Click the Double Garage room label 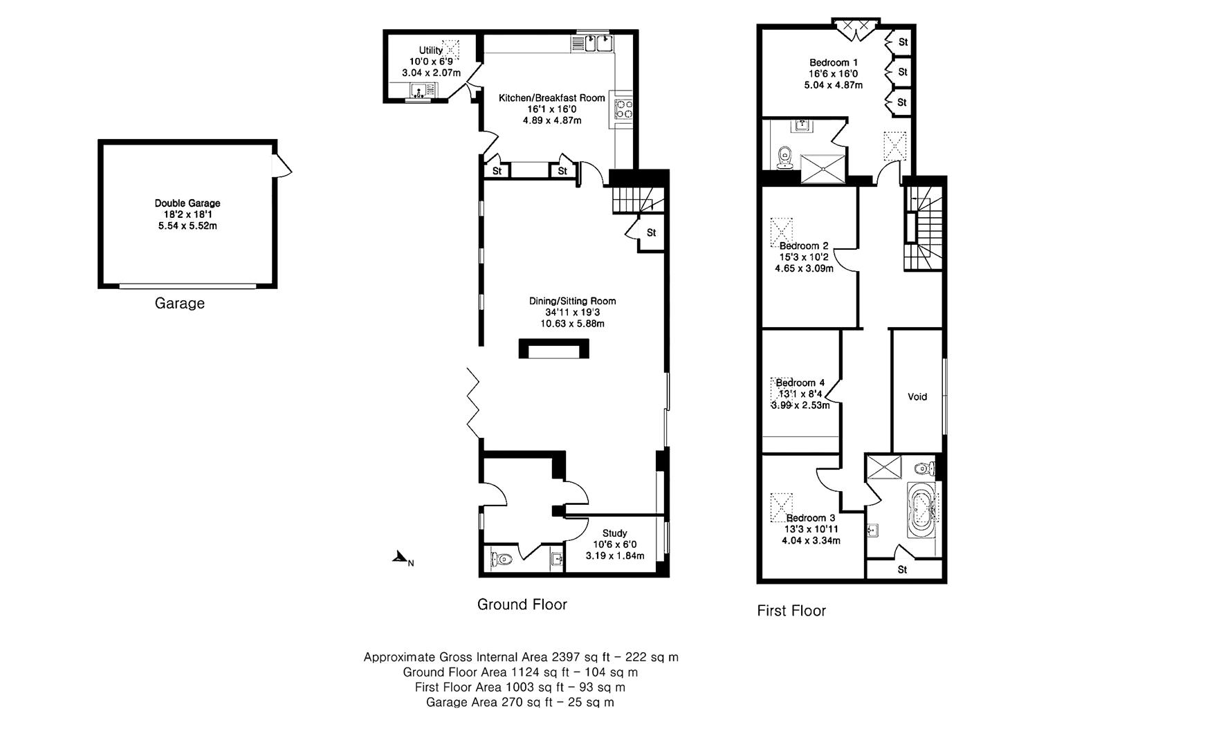click(187, 203)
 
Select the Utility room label click(430, 50)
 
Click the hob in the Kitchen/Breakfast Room click(623, 108)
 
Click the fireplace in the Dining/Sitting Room click(554, 349)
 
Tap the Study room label click(614, 533)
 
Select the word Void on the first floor click(917, 397)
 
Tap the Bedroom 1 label click(834, 63)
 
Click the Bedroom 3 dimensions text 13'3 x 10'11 click(811, 529)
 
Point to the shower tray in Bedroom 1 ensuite click(823, 169)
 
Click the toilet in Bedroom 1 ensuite click(784, 158)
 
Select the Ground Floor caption click(522, 605)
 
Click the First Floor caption click(791, 611)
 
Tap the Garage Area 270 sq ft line click(520, 703)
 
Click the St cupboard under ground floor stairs click(651, 233)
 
